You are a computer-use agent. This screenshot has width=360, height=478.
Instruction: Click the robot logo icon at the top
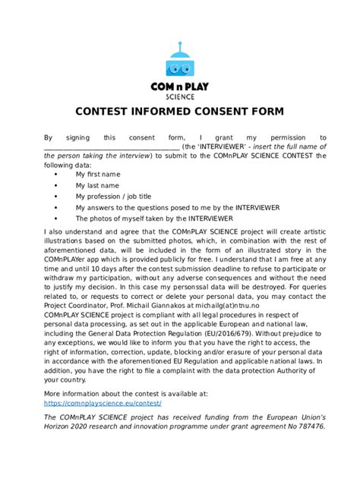pos(179,59)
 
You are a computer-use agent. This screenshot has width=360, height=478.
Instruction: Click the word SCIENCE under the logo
pos(180,96)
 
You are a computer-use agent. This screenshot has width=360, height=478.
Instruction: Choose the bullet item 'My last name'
pos(97,184)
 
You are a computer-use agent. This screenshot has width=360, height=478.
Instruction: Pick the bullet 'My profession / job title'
pos(113,195)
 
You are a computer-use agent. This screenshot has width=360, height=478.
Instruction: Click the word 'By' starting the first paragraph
pos(49,137)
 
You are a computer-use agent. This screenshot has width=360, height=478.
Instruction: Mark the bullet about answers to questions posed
pos(178,206)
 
